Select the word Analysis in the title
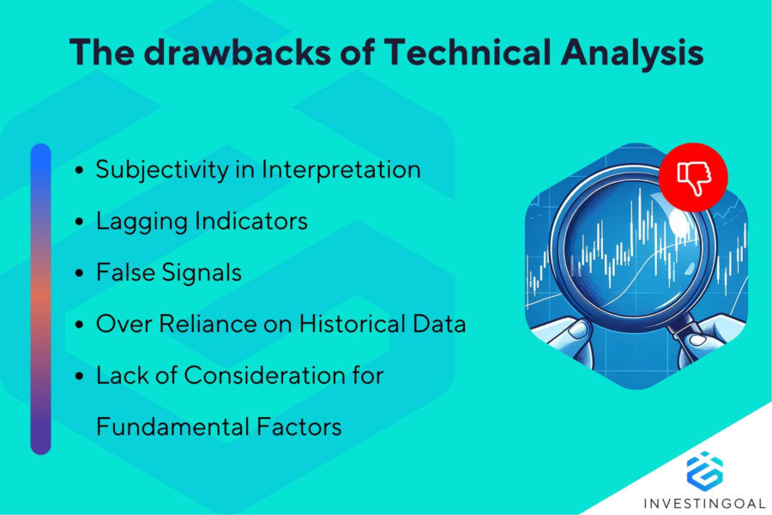634,53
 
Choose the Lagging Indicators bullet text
202,221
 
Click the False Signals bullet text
168,273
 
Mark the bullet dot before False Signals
80,274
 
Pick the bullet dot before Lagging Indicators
80,222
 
